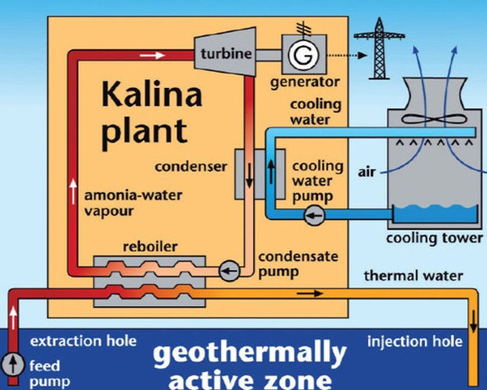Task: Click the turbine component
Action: (x=225, y=51)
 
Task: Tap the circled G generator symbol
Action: (x=304, y=55)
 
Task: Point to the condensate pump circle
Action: (x=229, y=271)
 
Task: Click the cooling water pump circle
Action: (x=315, y=215)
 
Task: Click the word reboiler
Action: (x=150, y=247)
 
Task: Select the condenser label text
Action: (x=191, y=166)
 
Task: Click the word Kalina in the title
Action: (x=152, y=94)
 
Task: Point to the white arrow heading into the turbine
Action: (x=152, y=55)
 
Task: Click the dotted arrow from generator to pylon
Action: (x=347, y=55)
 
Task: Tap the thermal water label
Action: (x=414, y=276)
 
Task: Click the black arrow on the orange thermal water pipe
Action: (x=310, y=294)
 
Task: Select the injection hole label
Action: (x=415, y=341)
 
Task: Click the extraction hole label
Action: (x=84, y=341)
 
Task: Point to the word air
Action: (x=367, y=172)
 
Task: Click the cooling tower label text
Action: (x=434, y=238)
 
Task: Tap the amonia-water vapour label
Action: (x=133, y=203)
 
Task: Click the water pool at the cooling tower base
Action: (x=435, y=213)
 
